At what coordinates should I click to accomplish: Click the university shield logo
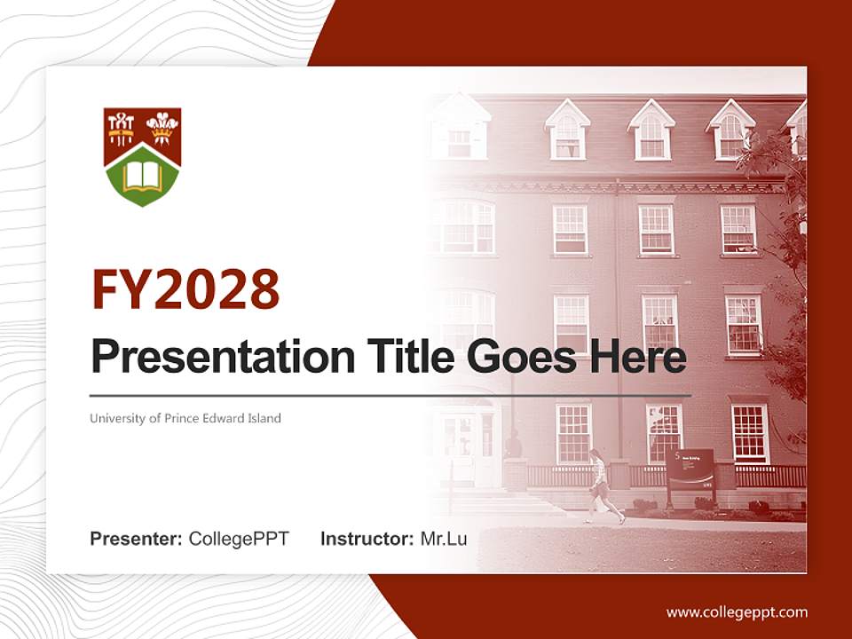tap(143, 156)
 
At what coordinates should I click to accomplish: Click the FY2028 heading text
tap(185, 289)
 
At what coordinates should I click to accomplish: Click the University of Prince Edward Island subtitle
tap(185, 418)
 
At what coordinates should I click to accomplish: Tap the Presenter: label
tap(137, 539)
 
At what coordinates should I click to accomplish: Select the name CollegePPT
tap(239, 539)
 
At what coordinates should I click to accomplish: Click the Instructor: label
tap(367, 539)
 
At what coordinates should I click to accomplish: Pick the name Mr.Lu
tap(444, 539)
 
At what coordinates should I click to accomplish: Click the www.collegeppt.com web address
tap(737, 612)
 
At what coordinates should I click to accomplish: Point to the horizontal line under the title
tap(390, 395)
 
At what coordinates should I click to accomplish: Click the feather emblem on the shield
tap(162, 126)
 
